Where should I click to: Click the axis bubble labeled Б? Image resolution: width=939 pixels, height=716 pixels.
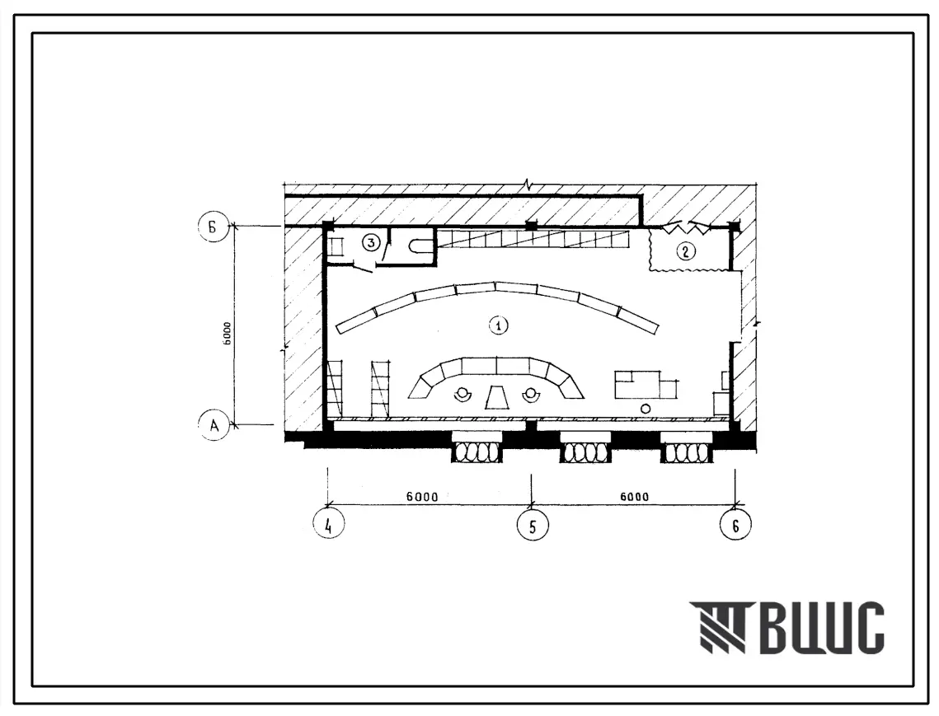214,227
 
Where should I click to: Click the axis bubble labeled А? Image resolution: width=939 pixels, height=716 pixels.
214,425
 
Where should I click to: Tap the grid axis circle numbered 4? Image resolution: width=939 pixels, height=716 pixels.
328,524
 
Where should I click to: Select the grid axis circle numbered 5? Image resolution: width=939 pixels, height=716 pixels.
533,525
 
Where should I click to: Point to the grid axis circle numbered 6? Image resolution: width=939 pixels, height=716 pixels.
735,525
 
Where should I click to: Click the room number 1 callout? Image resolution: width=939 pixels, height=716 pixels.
498,325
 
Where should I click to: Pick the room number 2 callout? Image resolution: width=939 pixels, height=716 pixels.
686,250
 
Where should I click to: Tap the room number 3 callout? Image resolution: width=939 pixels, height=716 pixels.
371,242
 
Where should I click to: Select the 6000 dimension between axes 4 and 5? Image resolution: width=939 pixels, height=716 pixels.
421,496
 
